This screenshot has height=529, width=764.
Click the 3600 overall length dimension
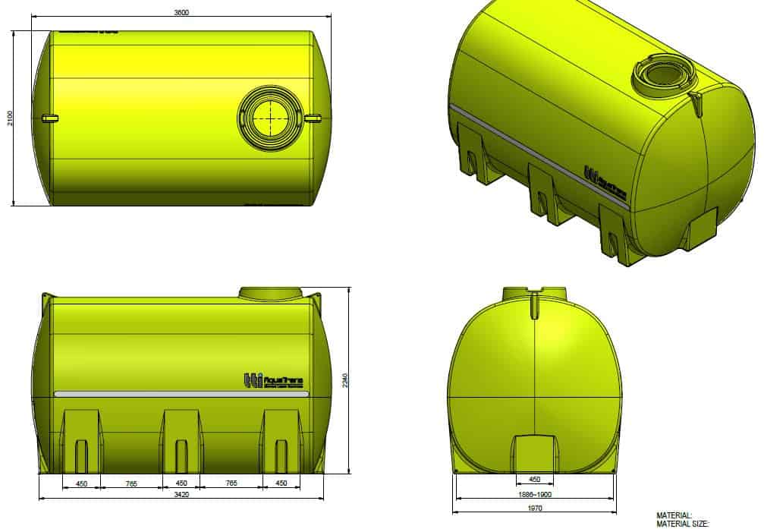click(x=181, y=12)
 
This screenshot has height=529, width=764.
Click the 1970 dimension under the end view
click(x=535, y=509)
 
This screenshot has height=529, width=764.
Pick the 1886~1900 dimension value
click(x=535, y=494)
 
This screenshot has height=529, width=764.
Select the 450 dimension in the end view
click(x=535, y=480)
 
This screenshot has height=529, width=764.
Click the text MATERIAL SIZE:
click(x=682, y=523)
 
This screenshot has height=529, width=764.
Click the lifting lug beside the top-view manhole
click(x=313, y=118)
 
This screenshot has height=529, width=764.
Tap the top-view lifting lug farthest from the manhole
click(x=49, y=118)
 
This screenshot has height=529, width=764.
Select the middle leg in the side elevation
click(x=181, y=440)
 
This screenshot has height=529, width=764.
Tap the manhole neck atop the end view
click(x=535, y=295)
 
